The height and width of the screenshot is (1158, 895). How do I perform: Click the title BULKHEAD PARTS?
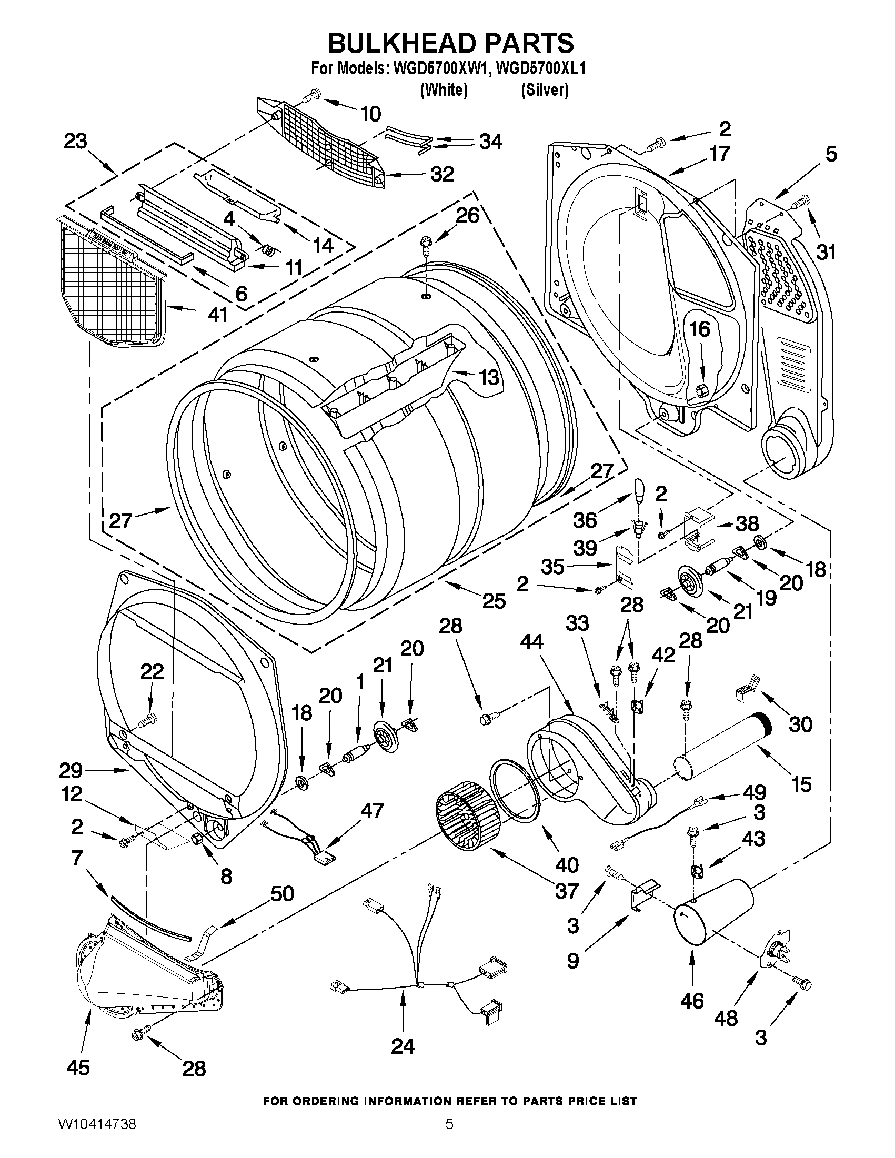click(x=450, y=44)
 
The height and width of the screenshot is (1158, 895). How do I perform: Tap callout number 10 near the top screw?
click(x=370, y=114)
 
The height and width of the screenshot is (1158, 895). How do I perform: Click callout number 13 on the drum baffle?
click(x=488, y=378)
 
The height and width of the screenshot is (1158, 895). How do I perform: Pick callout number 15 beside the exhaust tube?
click(x=801, y=784)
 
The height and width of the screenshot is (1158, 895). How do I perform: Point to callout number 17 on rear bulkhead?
click(x=719, y=154)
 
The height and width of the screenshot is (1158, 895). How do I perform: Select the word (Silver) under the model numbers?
click(x=545, y=90)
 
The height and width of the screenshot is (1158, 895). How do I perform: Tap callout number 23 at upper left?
click(x=75, y=142)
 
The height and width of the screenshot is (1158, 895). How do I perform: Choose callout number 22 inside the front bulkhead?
click(x=152, y=672)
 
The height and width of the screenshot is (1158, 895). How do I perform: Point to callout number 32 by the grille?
click(x=442, y=174)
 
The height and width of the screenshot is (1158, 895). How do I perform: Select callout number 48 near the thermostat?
click(x=726, y=1018)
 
